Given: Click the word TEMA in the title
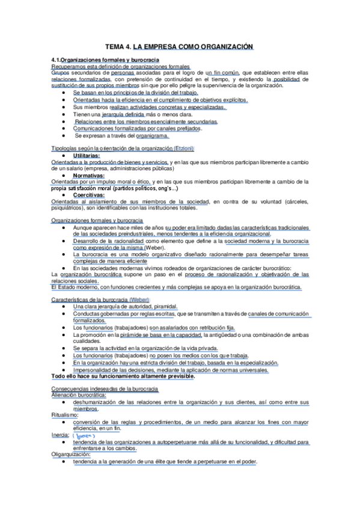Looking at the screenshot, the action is tap(114, 46).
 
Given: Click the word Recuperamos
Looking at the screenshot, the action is tap(68, 67).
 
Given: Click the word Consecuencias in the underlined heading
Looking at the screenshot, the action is tap(71, 389).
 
